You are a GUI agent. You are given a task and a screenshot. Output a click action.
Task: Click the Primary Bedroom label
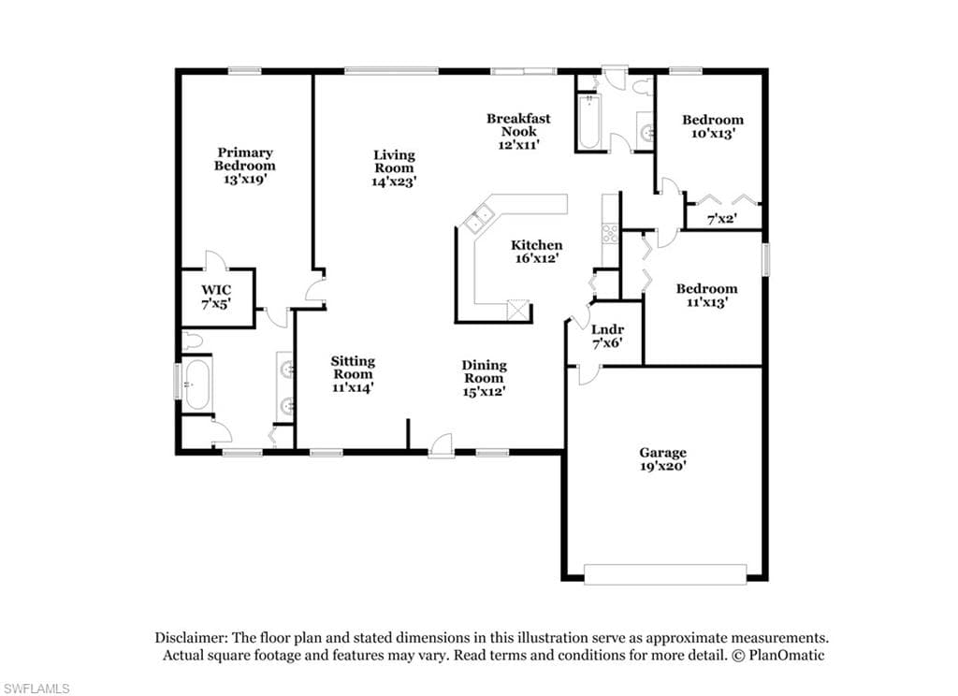(245, 159)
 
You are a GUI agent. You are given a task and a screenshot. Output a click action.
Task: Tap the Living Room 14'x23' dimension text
(394, 181)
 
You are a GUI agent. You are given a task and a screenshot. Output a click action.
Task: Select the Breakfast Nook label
(518, 124)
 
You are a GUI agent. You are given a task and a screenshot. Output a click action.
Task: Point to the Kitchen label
(536, 245)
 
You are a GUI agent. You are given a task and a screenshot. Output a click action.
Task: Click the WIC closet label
(216, 290)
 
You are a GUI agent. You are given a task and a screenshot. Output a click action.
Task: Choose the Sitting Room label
(353, 368)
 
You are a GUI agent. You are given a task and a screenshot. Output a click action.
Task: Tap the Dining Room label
(484, 371)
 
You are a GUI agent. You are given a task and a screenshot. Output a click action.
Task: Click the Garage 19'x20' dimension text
(663, 466)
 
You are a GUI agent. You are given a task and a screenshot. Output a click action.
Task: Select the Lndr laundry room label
(607, 330)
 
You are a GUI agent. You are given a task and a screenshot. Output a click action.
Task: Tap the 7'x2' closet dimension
(721, 219)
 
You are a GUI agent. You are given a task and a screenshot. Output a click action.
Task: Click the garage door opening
(665, 574)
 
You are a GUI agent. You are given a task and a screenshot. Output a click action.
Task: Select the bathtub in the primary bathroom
(196, 384)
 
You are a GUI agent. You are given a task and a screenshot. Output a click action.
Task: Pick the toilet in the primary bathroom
(192, 341)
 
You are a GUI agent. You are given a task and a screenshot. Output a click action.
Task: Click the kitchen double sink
(479, 220)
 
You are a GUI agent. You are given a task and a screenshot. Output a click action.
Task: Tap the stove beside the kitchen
(610, 234)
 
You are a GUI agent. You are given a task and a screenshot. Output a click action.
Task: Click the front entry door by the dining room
(441, 445)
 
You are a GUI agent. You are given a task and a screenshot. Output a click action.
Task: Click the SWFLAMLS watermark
(36, 689)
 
